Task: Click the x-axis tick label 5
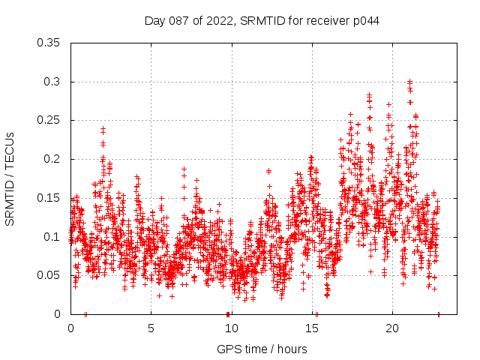point(151,328)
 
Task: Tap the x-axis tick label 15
point(311,328)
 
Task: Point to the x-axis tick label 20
point(391,328)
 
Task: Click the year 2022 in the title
point(221,21)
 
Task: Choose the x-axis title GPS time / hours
point(262,349)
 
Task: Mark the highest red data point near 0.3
point(409,82)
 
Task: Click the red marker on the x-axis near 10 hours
point(227,314)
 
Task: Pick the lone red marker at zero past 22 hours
point(439,314)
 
